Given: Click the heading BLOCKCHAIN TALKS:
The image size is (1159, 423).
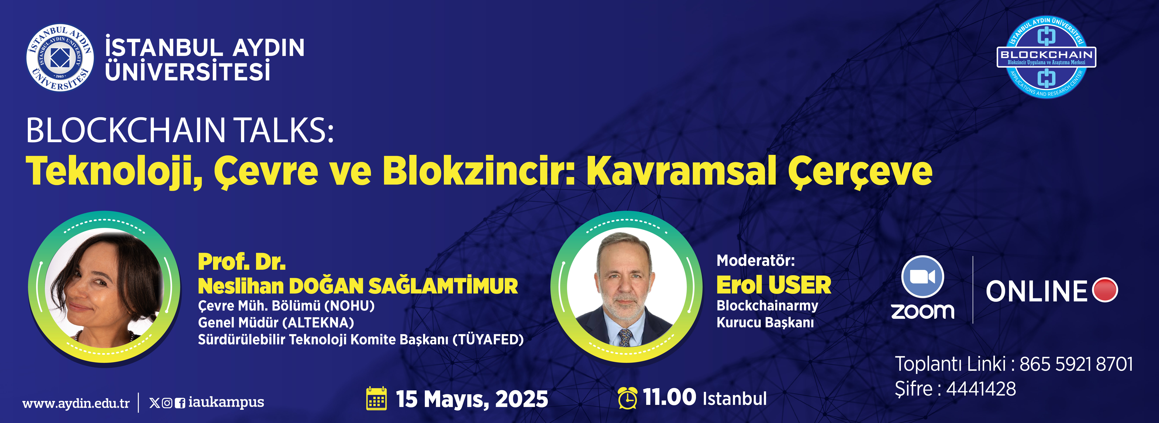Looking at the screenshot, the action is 180,130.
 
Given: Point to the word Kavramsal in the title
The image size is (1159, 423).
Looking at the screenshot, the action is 681,171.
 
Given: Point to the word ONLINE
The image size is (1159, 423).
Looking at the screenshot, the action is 1037,291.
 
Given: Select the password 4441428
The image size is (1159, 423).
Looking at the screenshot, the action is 981,389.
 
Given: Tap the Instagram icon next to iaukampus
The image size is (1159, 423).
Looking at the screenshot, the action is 167,403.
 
